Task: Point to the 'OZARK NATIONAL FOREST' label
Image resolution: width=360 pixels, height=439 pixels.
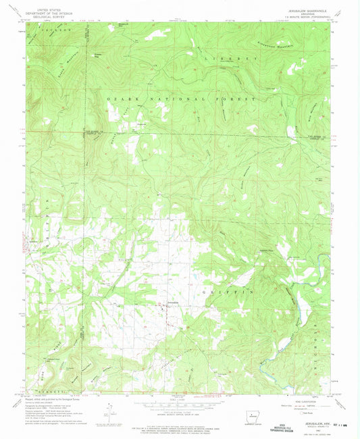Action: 180,99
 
